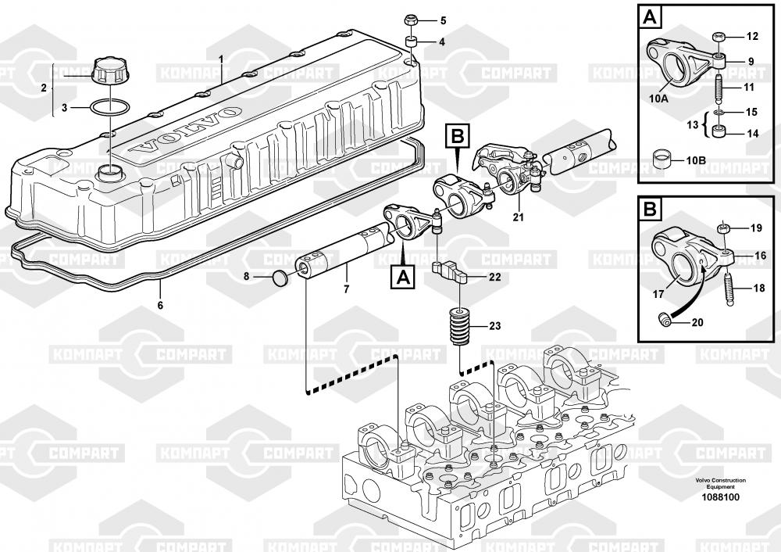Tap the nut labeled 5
point(412,21)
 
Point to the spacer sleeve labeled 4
point(412,41)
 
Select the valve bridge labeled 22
point(449,270)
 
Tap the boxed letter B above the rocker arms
point(458,135)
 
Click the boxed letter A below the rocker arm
point(403,277)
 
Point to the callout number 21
point(519,217)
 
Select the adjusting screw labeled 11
point(719,87)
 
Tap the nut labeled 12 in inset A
point(719,38)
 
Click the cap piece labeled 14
point(719,132)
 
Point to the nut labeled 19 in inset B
point(723,228)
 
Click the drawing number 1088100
point(720,497)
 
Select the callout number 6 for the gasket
point(160,305)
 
